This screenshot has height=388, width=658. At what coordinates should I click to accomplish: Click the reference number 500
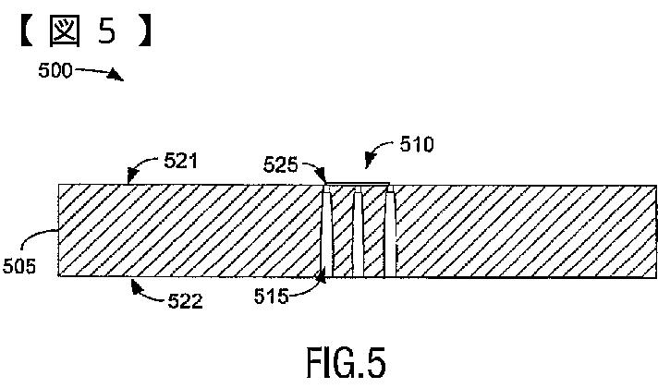pos(55,70)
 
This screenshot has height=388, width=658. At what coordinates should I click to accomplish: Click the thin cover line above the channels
pos(359,184)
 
